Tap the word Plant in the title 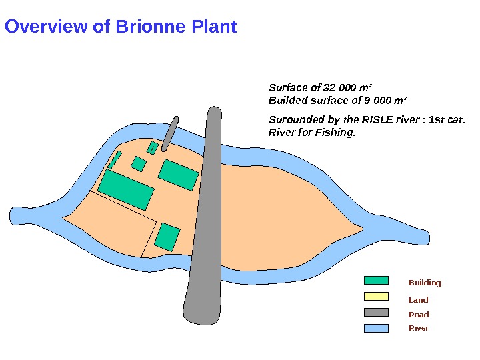[214, 27]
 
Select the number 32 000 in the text [339, 87]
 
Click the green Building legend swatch [376, 281]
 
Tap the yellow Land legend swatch [376, 297]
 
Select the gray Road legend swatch [376, 313]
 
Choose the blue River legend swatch [376, 327]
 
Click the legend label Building [425, 283]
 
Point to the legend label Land [418, 300]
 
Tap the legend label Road [418, 315]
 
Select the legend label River [418, 328]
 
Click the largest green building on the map [126, 189]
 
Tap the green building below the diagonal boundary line [167, 237]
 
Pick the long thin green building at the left [115, 160]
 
